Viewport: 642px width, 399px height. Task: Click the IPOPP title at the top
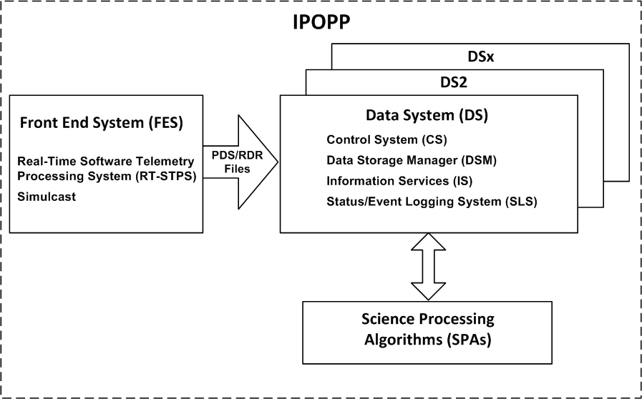(x=321, y=22)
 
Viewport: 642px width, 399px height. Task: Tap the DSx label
(x=481, y=57)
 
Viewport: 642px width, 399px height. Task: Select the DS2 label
(x=454, y=83)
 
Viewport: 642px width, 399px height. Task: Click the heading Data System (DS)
(x=427, y=116)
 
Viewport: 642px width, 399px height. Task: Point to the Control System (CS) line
(x=386, y=140)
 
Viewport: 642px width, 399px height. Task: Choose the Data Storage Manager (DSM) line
(x=412, y=160)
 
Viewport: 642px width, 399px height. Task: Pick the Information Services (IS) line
(x=399, y=181)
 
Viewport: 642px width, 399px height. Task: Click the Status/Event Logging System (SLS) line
(x=432, y=202)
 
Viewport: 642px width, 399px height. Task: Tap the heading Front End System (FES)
(x=102, y=123)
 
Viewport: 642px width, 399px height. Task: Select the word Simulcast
(x=47, y=197)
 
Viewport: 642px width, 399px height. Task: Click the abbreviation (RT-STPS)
(x=168, y=177)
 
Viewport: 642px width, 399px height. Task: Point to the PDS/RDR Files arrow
(x=240, y=162)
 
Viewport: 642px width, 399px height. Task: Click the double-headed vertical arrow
(x=428, y=267)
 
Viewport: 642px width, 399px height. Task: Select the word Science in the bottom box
(x=384, y=319)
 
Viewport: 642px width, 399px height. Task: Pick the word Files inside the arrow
(x=237, y=169)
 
